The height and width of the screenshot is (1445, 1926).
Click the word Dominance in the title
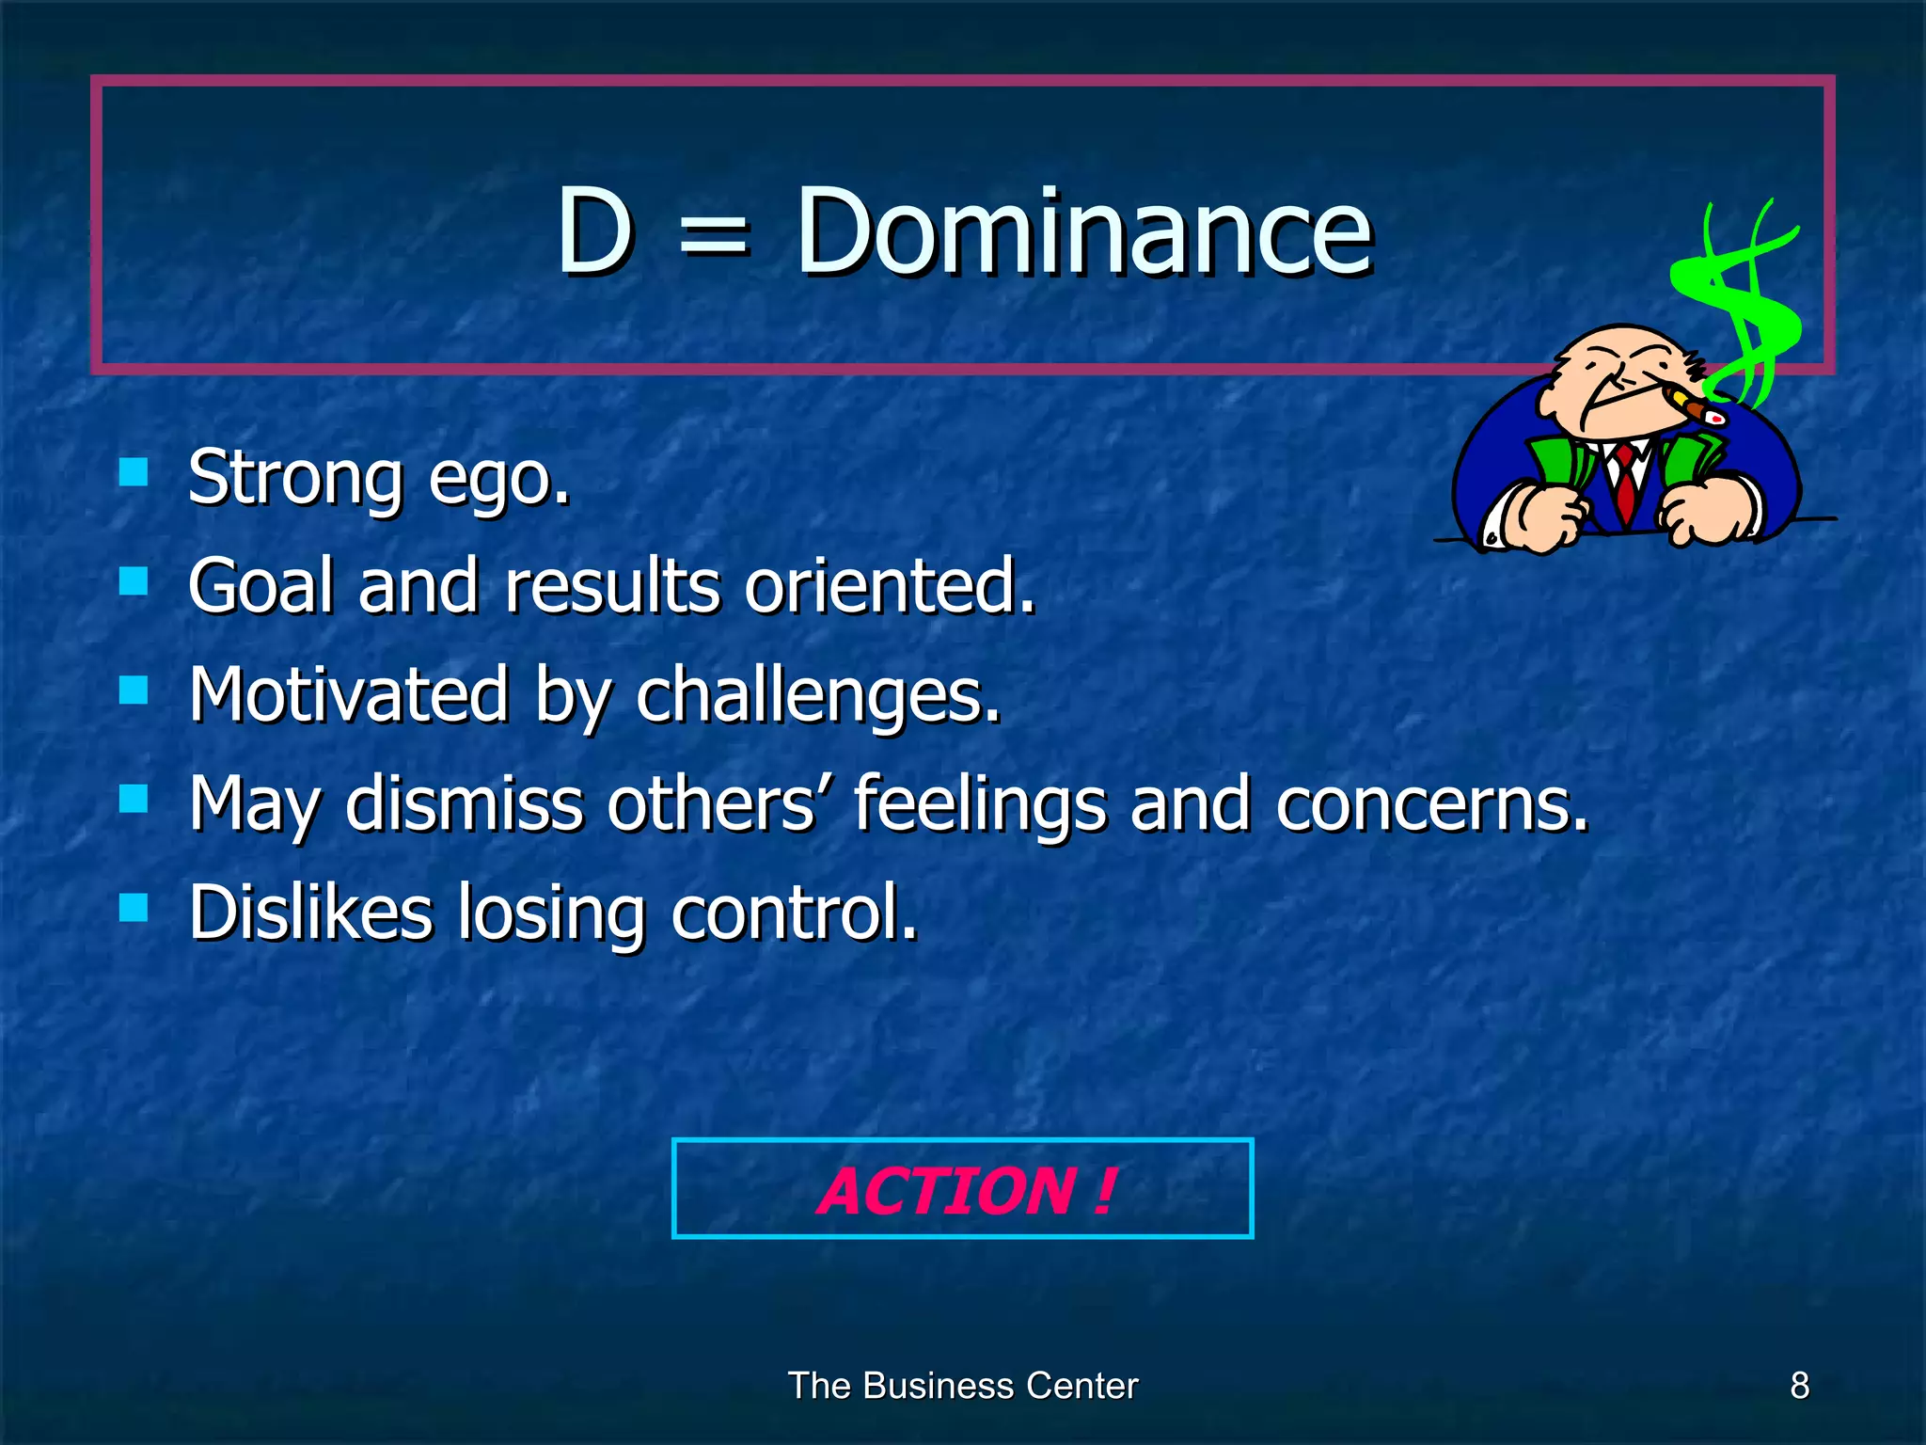pyautogui.click(x=1084, y=232)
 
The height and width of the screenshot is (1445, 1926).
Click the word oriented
pyautogui.click(x=889, y=586)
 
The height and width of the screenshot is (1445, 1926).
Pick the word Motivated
pyautogui.click(x=349, y=694)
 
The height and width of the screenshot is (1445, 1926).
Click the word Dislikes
pyautogui.click(x=310, y=913)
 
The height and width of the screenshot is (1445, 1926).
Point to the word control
pyautogui.click(x=793, y=913)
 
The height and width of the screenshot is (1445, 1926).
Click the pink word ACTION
pyautogui.click(x=945, y=1191)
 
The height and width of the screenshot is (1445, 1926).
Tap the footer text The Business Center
pyautogui.click(x=962, y=1386)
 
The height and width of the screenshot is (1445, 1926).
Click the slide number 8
pyautogui.click(x=1799, y=1386)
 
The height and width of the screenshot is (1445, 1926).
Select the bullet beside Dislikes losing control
pyautogui.click(x=134, y=908)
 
